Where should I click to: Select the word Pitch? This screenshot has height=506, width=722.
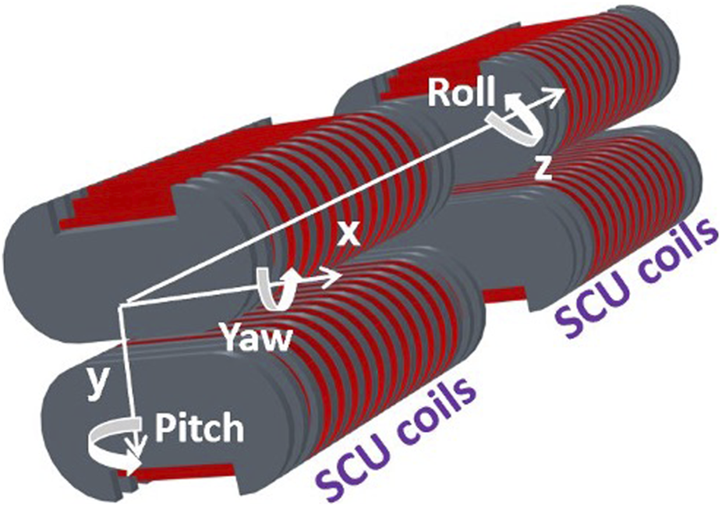coord(200,428)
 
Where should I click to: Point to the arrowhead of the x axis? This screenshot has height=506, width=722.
coord(334,277)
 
